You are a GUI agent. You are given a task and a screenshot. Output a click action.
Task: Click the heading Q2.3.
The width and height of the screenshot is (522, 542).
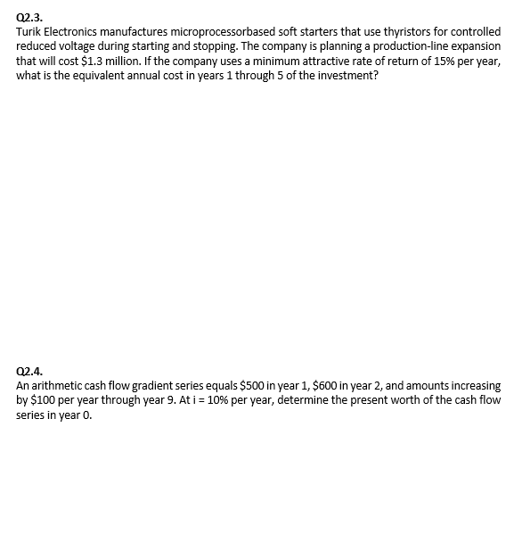point(29,17)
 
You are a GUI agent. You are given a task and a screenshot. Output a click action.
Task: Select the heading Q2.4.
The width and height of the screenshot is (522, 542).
point(29,372)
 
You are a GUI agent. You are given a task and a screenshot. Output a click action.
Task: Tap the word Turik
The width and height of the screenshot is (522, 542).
point(29,31)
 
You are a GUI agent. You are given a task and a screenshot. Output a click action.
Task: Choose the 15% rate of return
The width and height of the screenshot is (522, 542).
point(448,60)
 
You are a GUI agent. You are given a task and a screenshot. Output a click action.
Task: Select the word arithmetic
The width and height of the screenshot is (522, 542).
point(56,386)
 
